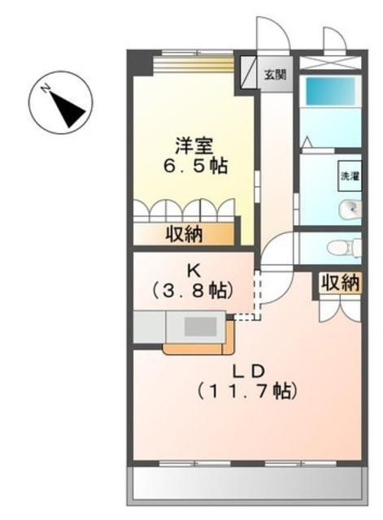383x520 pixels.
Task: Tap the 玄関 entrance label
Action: click(274, 75)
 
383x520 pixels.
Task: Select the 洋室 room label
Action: click(194, 146)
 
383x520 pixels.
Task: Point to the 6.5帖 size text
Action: click(194, 167)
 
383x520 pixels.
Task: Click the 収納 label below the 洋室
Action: click(187, 234)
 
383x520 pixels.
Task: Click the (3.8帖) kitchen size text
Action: click(194, 290)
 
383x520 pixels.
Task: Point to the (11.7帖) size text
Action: click(248, 392)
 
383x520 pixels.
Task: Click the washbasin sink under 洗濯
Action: click(350, 208)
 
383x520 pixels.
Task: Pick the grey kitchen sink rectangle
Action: click(198, 327)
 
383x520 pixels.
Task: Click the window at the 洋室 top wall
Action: click(194, 55)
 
